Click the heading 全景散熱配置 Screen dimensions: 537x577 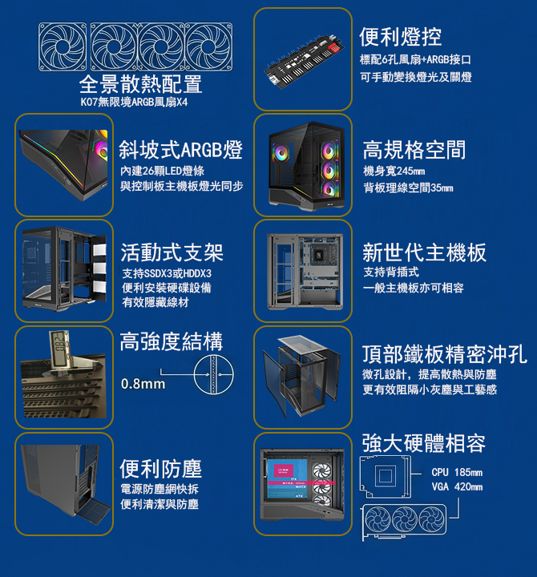(x=140, y=84)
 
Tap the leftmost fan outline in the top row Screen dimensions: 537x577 (x=63, y=46)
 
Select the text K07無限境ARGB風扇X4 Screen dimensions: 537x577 (x=134, y=102)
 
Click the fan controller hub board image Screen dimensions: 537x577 (x=305, y=61)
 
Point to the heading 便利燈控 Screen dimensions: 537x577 (x=400, y=37)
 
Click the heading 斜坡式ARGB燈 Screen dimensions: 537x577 (x=180, y=150)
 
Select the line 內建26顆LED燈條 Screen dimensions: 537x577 (x=162, y=171)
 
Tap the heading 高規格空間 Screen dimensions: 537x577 (x=414, y=150)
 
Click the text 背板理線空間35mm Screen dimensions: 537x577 (x=408, y=188)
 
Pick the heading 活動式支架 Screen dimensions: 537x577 (x=172, y=252)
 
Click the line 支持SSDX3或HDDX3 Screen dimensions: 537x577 (x=167, y=273)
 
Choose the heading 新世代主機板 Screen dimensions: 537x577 (x=424, y=252)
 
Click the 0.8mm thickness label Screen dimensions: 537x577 (x=143, y=384)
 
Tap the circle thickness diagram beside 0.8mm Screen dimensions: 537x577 (x=213, y=375)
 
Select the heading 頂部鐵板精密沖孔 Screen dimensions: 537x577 (x=445, y=354)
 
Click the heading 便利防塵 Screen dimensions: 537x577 (x=161, y=469)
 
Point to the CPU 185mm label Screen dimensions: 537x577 (x=457, y=472)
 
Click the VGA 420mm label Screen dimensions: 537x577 (x=457, y=487)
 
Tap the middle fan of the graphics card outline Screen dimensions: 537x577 (x=405, y=519)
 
